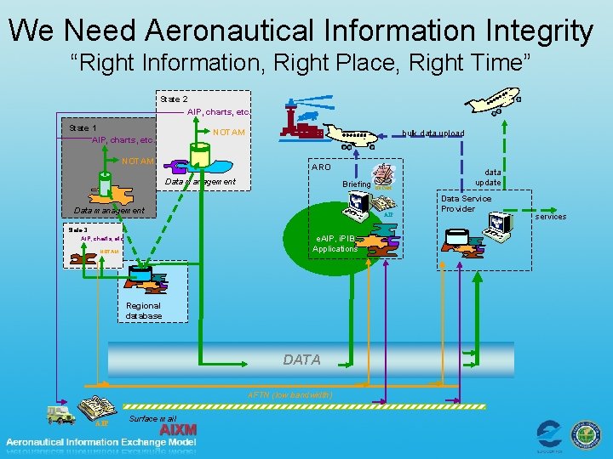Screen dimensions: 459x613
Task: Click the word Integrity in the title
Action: coord(537,31)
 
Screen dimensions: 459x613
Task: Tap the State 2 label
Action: coord(174,99)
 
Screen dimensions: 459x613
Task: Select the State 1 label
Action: coord(83,127)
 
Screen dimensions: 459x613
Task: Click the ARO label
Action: coord(321,167)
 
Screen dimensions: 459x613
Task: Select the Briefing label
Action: coord(356,184)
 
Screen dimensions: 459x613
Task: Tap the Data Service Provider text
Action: coord(466,204)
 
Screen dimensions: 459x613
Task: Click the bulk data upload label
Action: coord(433,133)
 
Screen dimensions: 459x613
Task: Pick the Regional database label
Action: coord(143,310)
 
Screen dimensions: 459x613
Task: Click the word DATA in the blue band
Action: coord(301,360)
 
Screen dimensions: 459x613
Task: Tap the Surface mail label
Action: coord(152,419)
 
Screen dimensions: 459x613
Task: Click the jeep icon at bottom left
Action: coord(60,414)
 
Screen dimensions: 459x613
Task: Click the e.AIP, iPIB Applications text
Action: coord(335,243)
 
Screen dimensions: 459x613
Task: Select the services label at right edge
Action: coord(551,217)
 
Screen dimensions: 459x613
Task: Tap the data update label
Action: coord(489,177)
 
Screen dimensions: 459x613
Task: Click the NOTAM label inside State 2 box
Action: coord(228,132)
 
